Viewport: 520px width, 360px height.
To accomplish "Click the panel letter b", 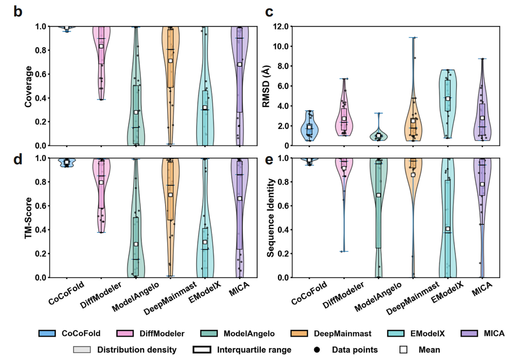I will (x=18, y=12).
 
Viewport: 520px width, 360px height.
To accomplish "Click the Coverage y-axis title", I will (x=28, y=86).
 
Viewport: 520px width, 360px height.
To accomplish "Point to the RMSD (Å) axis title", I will (x=266, y=86).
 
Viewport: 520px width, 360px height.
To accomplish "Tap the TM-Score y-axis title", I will (x=28, y=218).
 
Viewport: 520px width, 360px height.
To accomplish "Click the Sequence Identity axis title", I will (x=270, y=218).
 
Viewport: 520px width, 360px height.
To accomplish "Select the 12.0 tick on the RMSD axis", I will (x=281, y=27).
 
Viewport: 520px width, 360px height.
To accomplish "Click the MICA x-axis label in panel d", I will (x=240, y=289).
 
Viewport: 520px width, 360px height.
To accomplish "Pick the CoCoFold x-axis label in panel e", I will (x=309, y=294).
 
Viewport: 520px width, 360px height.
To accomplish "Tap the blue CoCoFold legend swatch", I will (x=47, y=334).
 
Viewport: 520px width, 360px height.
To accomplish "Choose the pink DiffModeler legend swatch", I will (x=125, y=334).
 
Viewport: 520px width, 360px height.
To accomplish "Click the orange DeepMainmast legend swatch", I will (x=299, y=334).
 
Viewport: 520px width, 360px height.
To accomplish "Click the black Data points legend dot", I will (x=317, y=350).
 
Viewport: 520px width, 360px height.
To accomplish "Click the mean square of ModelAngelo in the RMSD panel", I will (x=379, y=136).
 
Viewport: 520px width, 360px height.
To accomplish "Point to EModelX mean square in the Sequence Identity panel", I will (x=448, y=229).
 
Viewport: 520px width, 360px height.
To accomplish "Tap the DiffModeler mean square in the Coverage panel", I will (x=101, y=46).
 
